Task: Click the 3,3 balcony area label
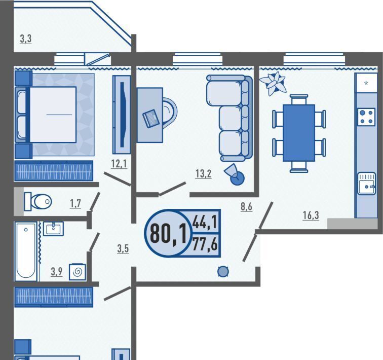[26, 39]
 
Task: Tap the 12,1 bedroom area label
[119, 163]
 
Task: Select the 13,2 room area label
[203, 174]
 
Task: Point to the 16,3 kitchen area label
[311, 215]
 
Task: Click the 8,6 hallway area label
[246, 206]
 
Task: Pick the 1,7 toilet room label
[75, 203]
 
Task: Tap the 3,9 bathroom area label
[56, 271]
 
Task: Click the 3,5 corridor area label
[123, 249]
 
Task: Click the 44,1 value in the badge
[205, 223]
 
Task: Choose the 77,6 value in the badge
[205, 244]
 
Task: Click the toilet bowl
[38, 201]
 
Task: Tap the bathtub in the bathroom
[26, 251]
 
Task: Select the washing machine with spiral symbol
[78, 272]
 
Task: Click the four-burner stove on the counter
[366, 117]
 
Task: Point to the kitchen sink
[366, 184]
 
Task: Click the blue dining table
[299, 133]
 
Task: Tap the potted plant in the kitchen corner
[273, 83]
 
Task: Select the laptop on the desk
[151, 119]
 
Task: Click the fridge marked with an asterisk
[366, 83]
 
